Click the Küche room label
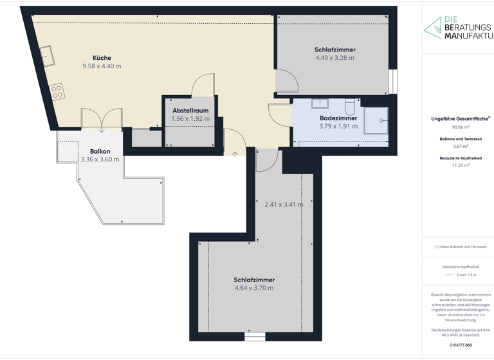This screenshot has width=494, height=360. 102,58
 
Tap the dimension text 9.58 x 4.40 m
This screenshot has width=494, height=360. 102,66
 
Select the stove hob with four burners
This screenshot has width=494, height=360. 57,91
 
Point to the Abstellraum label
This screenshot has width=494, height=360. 190,111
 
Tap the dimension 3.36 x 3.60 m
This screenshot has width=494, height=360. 100,159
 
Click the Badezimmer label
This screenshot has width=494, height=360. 338,118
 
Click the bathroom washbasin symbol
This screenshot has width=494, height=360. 320,103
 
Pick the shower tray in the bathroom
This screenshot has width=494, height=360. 376,120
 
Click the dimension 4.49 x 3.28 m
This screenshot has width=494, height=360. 334,58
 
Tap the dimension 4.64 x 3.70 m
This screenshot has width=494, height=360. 254,288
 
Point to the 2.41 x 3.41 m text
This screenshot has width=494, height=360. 283,204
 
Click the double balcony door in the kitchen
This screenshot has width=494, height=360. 102,119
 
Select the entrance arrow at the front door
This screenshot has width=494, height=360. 235,153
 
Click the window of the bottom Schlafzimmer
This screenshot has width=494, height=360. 255,336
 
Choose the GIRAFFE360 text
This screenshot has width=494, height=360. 460,346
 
